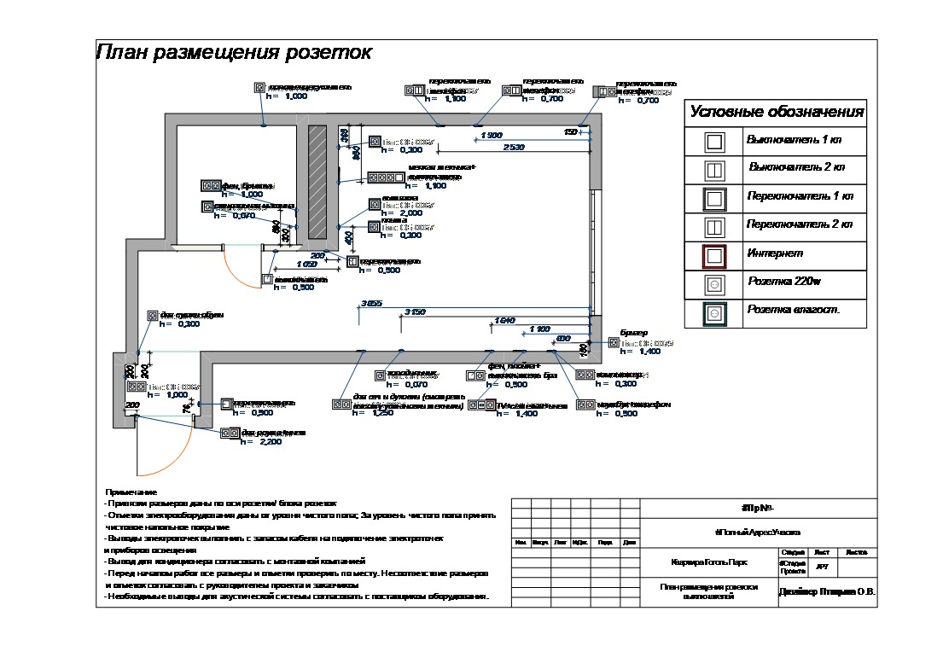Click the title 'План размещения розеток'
pyautogui.click(x=234, y=53)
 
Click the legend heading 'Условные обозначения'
pyautogui.click(x=775, y=113)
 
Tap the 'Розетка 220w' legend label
pyautogui.click(x=784, y=282)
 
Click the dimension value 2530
pyautogui.click(x=514, y=148)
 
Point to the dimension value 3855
pyautogui.click(x=371, y=303)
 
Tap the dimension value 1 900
pyautogui.click(x=492, y=136)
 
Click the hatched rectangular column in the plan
pyautogui.click(x=317, y=183)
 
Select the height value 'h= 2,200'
pyautogui.click(x=261, y=442)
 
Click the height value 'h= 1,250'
pyautogui.click(x=374, y=414)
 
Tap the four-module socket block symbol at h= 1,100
pyautogui.click(x=387, y=178)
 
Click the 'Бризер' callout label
pyautogui.click(x=634, y=332)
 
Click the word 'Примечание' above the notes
pyautogui.click(x=131, y=492)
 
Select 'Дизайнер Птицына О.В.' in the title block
pyautogui.click(x=827, y=591)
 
